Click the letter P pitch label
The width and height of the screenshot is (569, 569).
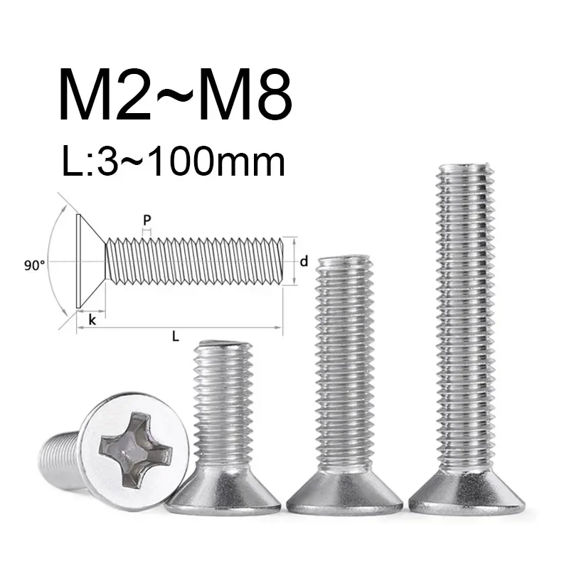coord(147,220)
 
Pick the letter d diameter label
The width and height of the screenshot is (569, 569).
coord(304,262)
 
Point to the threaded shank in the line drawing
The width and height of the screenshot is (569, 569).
coord(196,262)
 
